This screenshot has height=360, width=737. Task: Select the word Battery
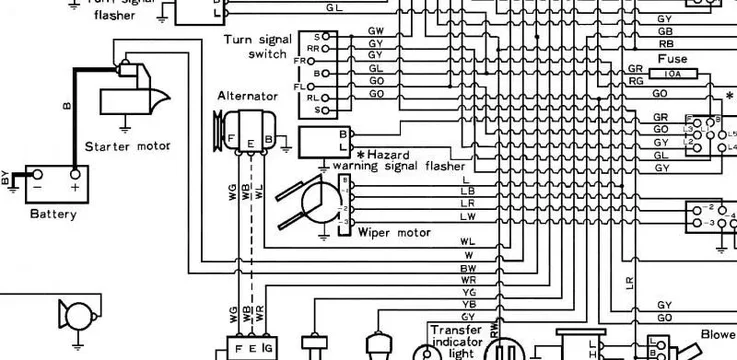[x=53, y=213]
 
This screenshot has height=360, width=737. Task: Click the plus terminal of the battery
[x=74, y=186]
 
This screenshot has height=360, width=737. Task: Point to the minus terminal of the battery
[x=37, y=186]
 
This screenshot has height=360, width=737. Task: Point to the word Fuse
[x=672, y=59]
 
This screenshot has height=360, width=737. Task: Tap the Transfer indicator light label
[x=456, y=340]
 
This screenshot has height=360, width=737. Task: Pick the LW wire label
[x=467, y=216]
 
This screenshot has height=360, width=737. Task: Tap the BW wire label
[x=467, y=268]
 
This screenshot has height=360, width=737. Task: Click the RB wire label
[x=665, y=44]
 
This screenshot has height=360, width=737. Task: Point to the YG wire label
[x=467, y=291]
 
